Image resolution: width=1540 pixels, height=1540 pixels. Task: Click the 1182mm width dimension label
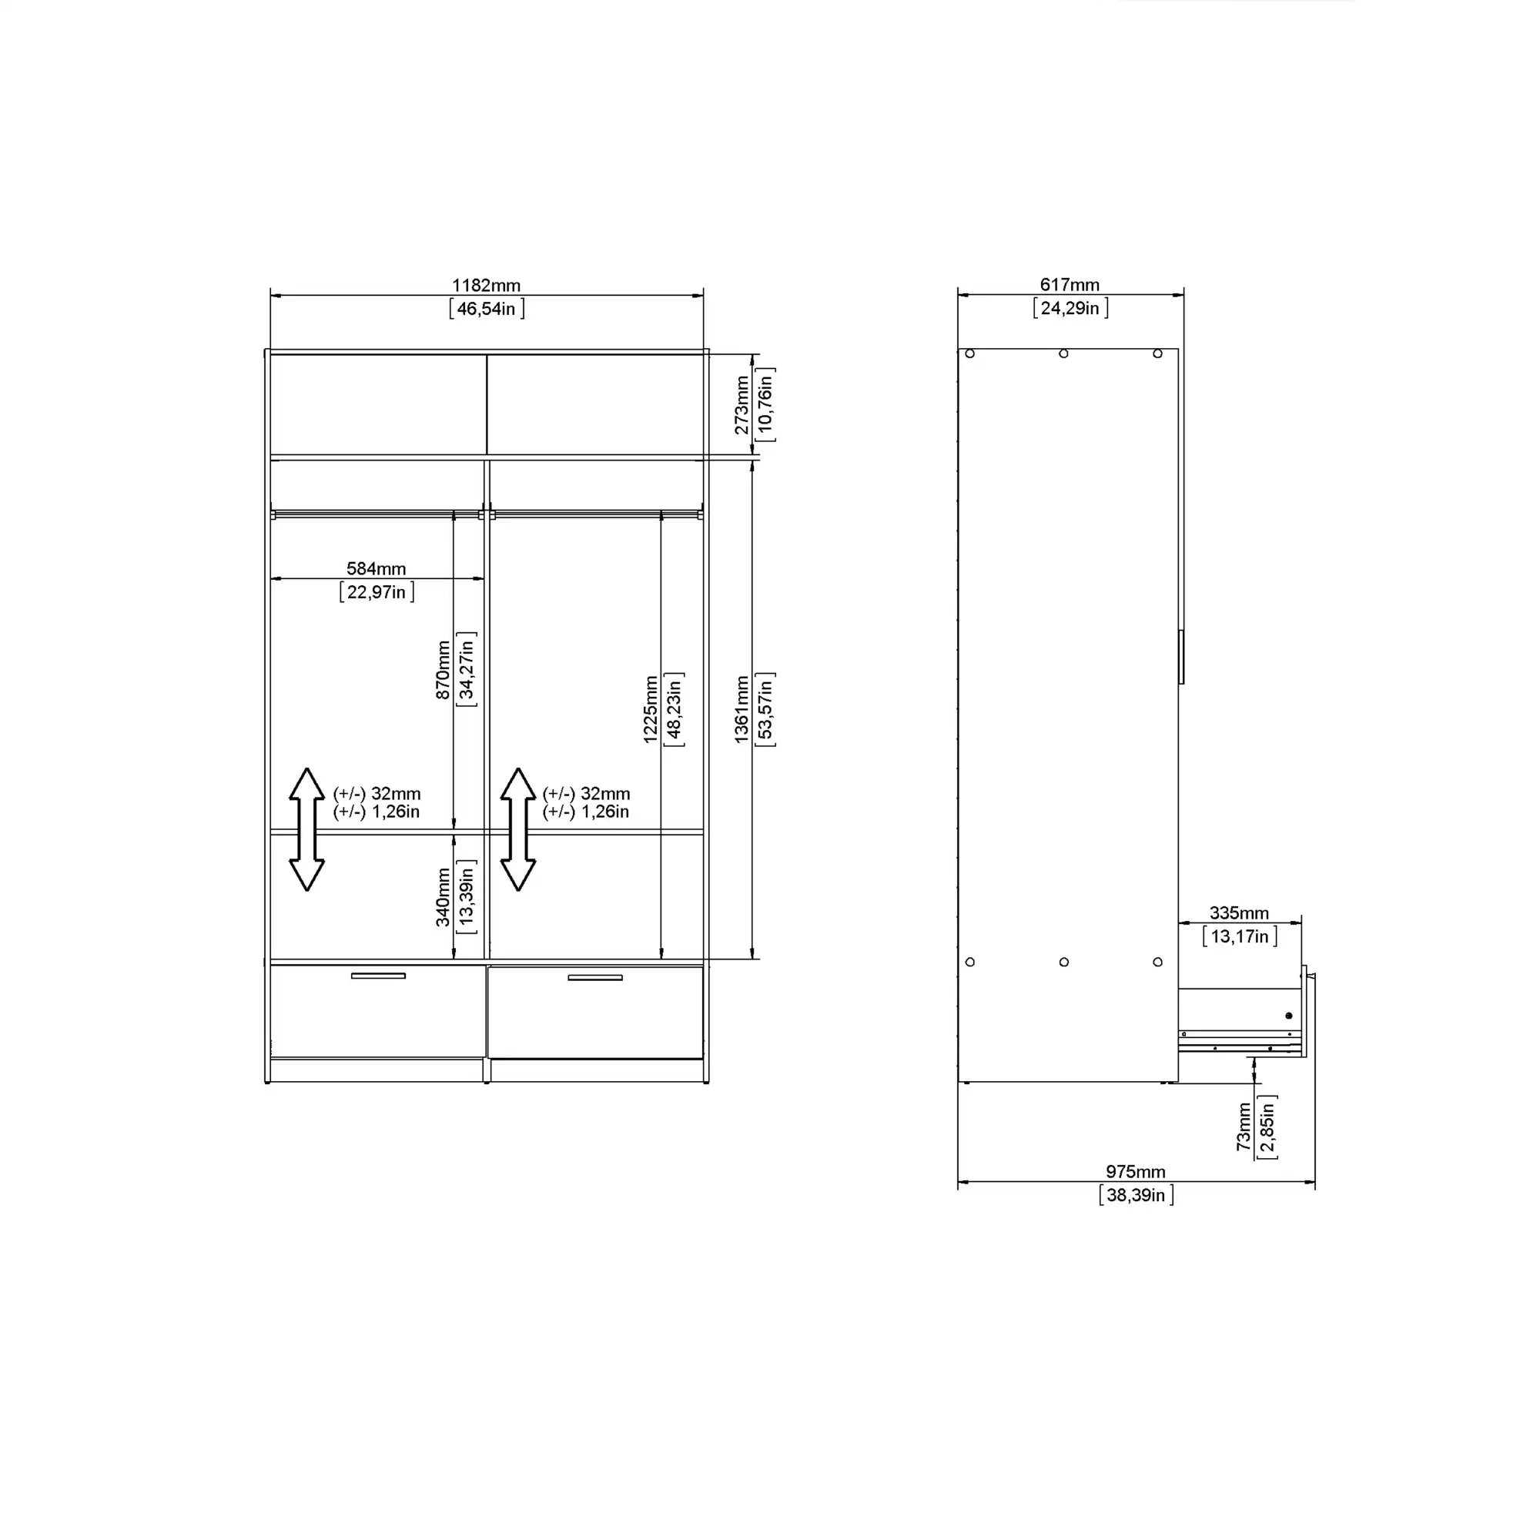485,286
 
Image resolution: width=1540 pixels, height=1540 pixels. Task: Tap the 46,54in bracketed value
486,309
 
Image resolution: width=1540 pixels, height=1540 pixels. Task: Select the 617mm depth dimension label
1069,285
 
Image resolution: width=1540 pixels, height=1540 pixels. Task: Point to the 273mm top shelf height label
742,405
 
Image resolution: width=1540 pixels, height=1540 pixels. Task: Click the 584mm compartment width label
376,568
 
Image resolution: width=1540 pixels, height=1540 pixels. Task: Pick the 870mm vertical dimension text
444,670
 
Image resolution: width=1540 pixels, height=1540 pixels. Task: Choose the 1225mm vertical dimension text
651,708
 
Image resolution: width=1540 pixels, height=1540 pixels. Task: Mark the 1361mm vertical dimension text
742,708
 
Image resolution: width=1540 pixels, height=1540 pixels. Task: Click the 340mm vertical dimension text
444,897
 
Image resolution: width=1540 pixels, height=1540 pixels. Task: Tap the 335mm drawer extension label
1239,912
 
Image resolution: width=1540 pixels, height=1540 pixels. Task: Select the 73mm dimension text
1244,1127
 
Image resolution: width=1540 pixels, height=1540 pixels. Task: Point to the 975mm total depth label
1135,1172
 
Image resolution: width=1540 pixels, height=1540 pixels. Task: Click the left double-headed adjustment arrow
306,829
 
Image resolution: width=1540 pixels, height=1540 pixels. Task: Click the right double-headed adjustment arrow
518,829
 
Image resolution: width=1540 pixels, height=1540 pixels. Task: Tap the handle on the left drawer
378,976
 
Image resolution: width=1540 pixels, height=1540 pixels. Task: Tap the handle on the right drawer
594,977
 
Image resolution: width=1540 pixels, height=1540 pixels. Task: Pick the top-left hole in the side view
970,354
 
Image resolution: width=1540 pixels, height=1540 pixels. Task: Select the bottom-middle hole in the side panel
1064,962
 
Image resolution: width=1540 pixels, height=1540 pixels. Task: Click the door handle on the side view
1181,657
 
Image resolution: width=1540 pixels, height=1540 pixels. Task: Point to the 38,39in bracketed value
1135,1195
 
